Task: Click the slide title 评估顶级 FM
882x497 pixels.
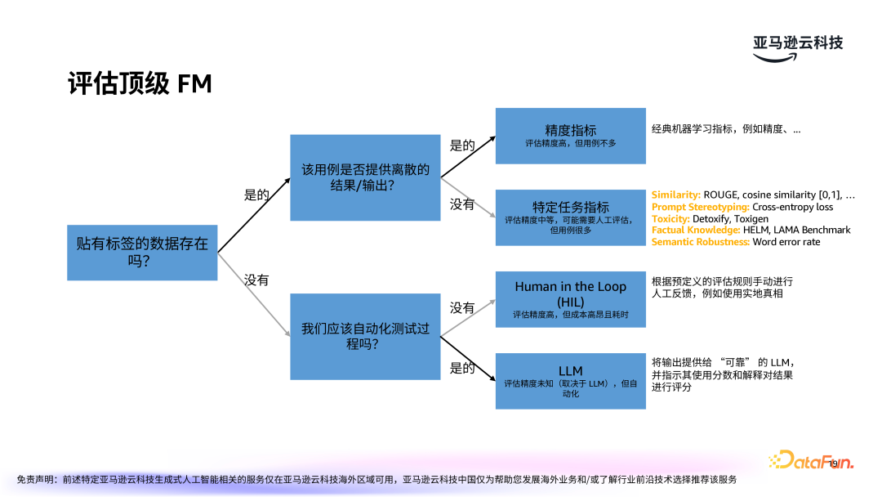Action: click(x=140, y=84)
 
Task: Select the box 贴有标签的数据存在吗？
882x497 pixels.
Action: click(x=142, y=253)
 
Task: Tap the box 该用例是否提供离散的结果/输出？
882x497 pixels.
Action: click(x=365, y=177)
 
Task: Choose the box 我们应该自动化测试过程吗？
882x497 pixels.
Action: click(x=365, y=336)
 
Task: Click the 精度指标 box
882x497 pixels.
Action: click(x=570, y=135)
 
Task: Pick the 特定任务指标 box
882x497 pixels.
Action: click(x=570, y=217)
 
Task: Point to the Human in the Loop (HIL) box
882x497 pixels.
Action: click(x=570, y=299)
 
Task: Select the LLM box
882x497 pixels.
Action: click(x=570, y=380)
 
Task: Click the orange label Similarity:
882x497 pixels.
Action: click(x=676, y=195)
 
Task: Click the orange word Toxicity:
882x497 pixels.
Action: click(x=670, y=219)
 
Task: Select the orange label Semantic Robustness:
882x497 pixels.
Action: click(x=700, y=242)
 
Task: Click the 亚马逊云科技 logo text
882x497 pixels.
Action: click(x=797, y=43)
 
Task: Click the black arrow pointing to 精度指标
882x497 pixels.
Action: click(x=469, y=155)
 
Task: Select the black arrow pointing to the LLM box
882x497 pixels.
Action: click(x=469, y=360)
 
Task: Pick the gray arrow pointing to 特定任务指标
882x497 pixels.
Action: click(x=469, y=197)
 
